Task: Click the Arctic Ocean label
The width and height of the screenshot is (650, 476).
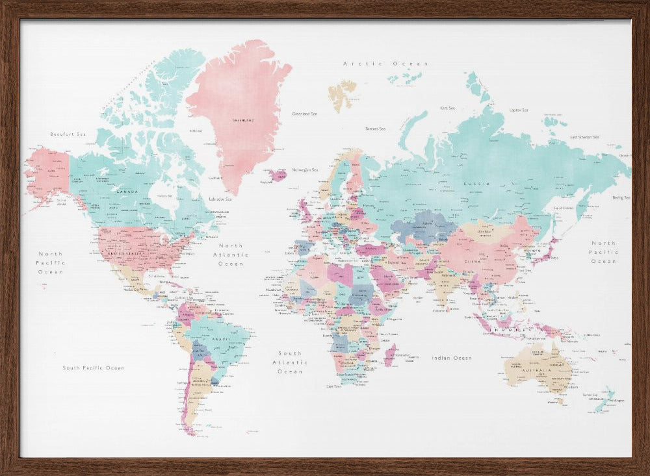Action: (385, 64)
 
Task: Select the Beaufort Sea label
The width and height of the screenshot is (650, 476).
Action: (68, 134)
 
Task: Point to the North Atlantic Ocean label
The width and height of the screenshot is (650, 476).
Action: (231, 255)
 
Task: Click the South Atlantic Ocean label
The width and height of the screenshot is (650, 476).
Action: (290, 362)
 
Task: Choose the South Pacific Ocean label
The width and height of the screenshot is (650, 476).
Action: (93, 368)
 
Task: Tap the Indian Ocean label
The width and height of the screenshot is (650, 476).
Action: (452, 358)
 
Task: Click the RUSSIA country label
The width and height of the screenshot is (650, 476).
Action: (473, 184)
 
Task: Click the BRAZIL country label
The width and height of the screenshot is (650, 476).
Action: (220, 339)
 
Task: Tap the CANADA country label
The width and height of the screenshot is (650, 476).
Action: (127, 192)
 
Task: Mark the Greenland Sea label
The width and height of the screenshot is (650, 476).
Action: (304, 114)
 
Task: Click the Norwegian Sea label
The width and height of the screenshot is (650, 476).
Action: (305, 170)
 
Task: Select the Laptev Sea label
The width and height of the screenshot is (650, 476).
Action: (519, 110)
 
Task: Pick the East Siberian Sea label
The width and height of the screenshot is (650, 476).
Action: (584, 138)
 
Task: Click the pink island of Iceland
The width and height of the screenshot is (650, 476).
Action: (278, 175)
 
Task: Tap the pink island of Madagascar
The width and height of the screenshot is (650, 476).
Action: (390, 355)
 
